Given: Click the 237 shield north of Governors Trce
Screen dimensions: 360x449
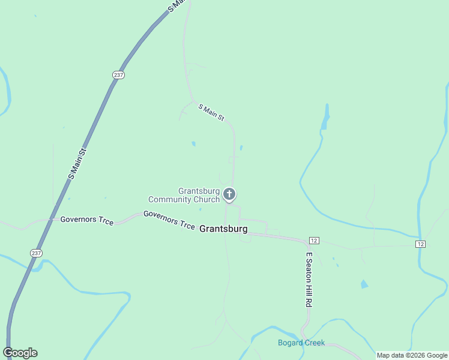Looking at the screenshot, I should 118,74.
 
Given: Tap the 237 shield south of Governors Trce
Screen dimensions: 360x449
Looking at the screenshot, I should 37,253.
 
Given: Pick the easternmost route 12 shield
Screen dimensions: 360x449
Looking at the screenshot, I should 421,244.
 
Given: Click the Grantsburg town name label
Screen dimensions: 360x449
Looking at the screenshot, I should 223,229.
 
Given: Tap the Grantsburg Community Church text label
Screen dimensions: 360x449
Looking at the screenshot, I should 184,195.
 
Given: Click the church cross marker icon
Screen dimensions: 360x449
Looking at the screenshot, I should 229,194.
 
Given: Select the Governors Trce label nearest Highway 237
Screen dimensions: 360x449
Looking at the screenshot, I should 86,220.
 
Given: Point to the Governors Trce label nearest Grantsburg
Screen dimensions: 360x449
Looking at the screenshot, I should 169,220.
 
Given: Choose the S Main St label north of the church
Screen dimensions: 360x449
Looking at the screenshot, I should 211,112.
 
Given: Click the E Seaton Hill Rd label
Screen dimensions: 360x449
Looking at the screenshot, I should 309,279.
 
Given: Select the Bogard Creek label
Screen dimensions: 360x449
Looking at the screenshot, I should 301,343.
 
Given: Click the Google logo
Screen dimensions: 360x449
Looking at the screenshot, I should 20,353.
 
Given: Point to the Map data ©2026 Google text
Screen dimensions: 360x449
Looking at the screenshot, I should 412,355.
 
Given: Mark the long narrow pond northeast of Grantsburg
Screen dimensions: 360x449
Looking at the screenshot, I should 326,117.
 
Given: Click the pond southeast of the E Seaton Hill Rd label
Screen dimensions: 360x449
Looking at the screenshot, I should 364,284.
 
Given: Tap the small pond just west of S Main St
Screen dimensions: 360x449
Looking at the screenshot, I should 193,144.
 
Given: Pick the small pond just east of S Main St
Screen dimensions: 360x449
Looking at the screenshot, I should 241,148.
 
